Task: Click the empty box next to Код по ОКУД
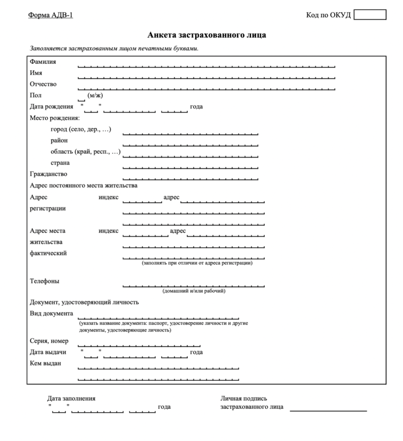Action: (x=370, y=15)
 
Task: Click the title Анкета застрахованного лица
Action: (x=207, y=35)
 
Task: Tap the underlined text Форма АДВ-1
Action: (x=50, y=16)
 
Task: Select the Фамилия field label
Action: (x=43, y=62)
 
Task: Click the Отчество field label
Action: (x=43, y=84)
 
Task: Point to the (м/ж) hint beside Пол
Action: (x=95, y=95)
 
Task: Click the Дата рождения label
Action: (x=51, y=107)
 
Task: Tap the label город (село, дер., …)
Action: (x=81, y=129)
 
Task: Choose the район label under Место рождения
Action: (x=59, y=140)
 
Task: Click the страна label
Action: (x=60, y=163)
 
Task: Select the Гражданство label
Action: (x=49, y=174)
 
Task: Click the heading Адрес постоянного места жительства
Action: (x=84, y=186)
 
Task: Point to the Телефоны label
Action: (x=45, y=281)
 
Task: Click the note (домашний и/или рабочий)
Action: (x=194, y=291)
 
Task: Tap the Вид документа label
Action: (x=51, y=313)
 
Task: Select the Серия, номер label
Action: (x=49, y=342)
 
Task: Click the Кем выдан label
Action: (x=45, y=363)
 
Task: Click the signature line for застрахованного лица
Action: (x=328, y=410)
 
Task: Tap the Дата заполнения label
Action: (x=71, y=398)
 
